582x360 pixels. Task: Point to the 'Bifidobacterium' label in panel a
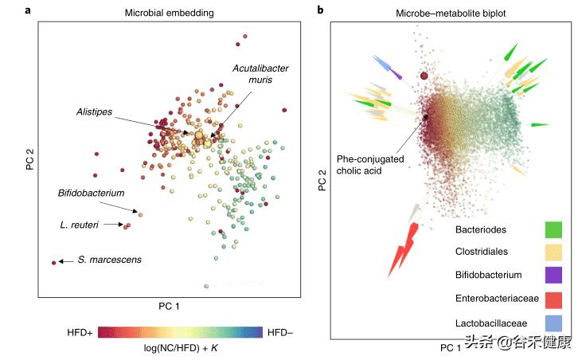pos(92,194)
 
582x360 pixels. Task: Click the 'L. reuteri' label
pos(80,225)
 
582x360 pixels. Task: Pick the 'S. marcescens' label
pos(108,260)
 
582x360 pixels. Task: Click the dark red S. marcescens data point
pos(54,262)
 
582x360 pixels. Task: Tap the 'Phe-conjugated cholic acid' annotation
pos(370,165)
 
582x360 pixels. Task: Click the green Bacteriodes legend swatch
pos(555,230)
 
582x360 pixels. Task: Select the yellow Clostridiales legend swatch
pos(555,252)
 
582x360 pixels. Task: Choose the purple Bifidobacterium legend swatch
pos(555,276)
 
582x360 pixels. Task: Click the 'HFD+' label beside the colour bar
pos(80,331)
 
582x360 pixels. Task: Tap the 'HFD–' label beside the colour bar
pos(279,331)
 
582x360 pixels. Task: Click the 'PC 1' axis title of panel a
pos(170,306)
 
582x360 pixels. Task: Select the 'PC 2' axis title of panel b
pos(322,184)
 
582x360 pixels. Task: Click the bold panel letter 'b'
pos(320,10)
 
